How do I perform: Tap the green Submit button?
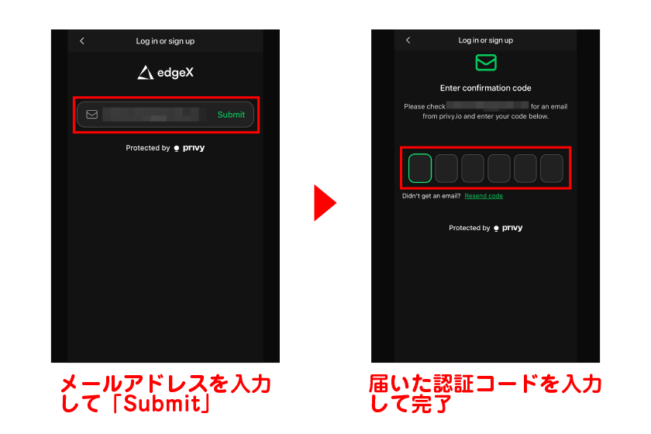(x=231, y=115)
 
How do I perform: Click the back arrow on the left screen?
(x=83, y=41)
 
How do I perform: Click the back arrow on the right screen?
(x=408, y=40)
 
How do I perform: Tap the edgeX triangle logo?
(x=145, y=73)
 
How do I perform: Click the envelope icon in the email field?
(x=92, y=115)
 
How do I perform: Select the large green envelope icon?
(x=486, y=63)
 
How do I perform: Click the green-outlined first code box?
(x=420, y=167)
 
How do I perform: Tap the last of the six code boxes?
(x=551, y=167)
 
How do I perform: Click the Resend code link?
(x=484, y=196)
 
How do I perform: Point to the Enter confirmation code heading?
(x=486, y=88)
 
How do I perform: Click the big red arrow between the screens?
(x=325, y=203)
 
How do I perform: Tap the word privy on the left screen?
(x=194, y=148)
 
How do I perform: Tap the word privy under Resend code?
(x=512, y=229)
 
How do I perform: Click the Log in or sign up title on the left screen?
(x=165, y=41)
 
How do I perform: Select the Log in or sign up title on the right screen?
(x=486, y=40)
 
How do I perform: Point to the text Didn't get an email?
(x=431, y=196)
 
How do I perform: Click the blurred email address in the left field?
(x=151, y=115)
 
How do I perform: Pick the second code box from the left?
(x=446, y=167)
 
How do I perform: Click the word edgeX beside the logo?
(x=175, y=73)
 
